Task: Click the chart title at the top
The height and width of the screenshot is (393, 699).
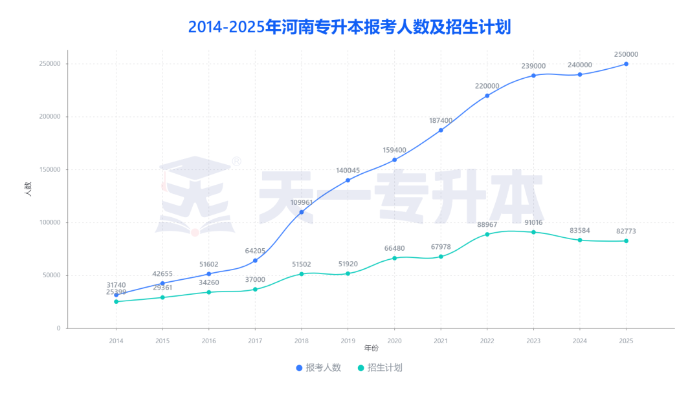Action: (x=349, y=27)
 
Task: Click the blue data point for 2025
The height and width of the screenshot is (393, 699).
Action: (x=626, y=64)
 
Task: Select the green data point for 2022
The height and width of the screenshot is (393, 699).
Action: (x=487, y=235)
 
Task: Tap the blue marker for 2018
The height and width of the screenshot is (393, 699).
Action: (x=302, y=212)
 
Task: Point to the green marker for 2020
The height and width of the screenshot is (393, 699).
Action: (x=394, y=258)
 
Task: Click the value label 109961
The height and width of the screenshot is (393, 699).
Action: (x=302, y=202)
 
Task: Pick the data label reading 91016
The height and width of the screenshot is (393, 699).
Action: (x=533, y=222)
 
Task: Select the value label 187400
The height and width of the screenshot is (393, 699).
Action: (x=441, y=121)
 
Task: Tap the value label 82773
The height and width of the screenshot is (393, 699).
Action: (x=626, y=231)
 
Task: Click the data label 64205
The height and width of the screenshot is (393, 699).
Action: (x=255, y=251)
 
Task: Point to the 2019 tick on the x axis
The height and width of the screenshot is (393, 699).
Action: (x=348, y=341)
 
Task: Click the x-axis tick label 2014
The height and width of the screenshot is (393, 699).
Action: (x=116, y=341)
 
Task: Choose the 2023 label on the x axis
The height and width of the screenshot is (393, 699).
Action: (x=533, y=341)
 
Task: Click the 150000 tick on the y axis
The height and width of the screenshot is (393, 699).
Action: (x=49, y=169)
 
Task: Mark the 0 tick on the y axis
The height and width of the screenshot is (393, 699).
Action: (x=58, y=328)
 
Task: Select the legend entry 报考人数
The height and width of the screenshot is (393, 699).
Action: (x=318, y=368)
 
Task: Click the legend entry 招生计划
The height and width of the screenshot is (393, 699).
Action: (x=380, y=368)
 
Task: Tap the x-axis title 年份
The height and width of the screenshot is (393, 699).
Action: (x=371, y=348)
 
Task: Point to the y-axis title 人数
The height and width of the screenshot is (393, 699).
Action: (x=28, y=189)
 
